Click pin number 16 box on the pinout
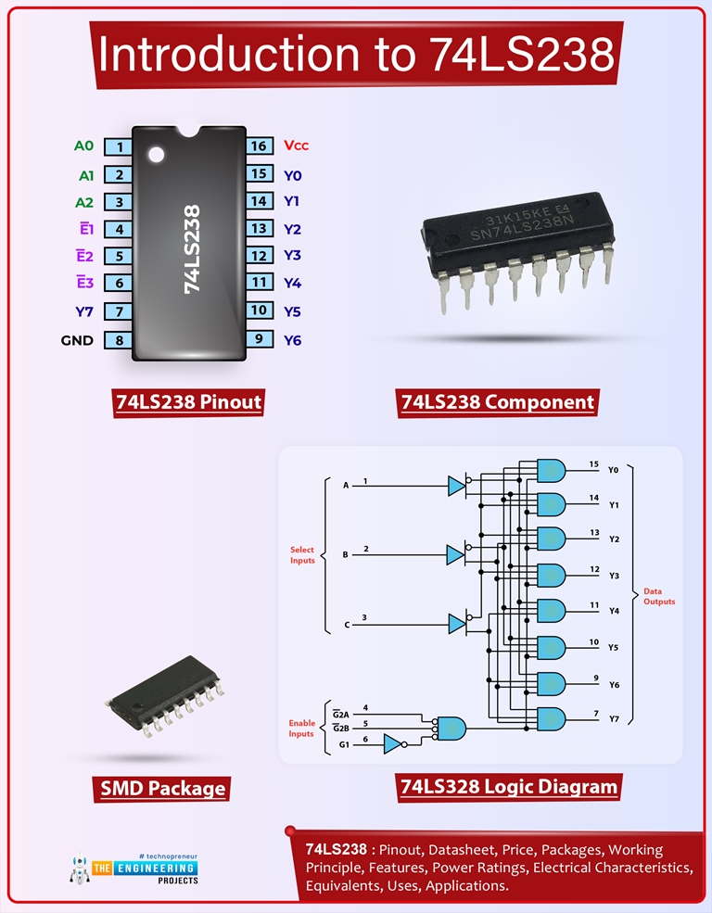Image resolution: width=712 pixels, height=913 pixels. pyautogui.click(x=259, y=146)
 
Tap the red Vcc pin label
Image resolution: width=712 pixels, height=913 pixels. pyautogui.click(x=296, y=146)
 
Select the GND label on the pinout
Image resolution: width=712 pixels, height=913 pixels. pyautogui.click(x=77, y=340)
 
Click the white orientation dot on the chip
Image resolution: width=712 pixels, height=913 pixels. pyautogui.click(x=156, y=151)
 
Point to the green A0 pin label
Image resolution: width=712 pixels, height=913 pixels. pyautogui.click(x=83, y=146)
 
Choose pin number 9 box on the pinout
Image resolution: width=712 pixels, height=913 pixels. pyautogui.click(x=259, y=339)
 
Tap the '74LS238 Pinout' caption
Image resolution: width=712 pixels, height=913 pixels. pyautogui.click(x=188, y=402)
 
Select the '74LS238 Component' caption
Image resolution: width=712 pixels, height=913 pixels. pyautogui.click(x=497, y=402)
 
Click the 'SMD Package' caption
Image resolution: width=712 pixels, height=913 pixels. pyautogui.click(x=163, y=789)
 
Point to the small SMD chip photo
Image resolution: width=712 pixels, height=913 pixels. pyautogui.click(x=161, y=691)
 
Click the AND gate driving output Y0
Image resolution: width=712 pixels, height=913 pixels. pyautogui.click(x=551, y=470)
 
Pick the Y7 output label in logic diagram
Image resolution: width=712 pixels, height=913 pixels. pyautogui.click(x=614, y=718)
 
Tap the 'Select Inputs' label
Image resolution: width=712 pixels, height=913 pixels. pyautogui.click(x=302, y=555)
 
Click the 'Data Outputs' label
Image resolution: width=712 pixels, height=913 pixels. pyautogui.click(x=659, y=596)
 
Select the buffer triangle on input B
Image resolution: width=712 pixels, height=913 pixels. pyautogui.click(x=455, y=555)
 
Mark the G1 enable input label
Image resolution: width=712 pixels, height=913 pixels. pyautogui.click(x=344, y=743)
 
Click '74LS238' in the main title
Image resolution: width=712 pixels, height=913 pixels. pyautogui.click(x=522, y=55)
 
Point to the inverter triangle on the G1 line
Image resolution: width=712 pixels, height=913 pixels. pyautogui.click(x=393, y=743)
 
